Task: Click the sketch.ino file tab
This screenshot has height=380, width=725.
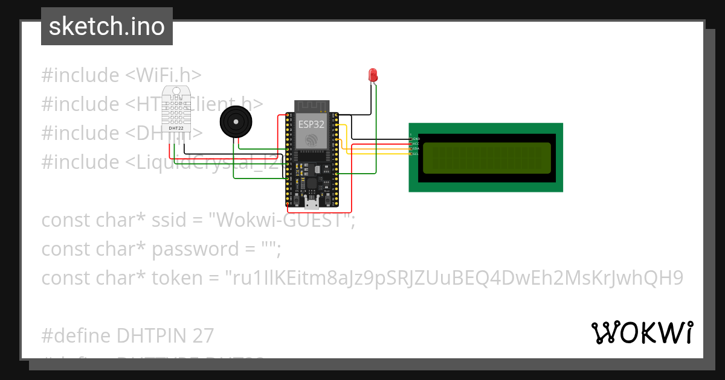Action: click(x=107, y=27)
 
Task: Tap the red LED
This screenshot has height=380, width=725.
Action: click(x=373, y=75)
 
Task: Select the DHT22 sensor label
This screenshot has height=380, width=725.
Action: click(x=176, y=128)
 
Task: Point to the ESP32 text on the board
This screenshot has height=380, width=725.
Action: click(x=312, y=124)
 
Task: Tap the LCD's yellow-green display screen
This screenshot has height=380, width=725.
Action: click(x=486, y=158)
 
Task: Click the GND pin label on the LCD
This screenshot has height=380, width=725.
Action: click(x=416, y=139)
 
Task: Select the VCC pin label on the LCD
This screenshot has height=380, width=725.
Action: click(x=416, y=144)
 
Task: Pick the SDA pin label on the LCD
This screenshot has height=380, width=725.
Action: click(x=416, y=148)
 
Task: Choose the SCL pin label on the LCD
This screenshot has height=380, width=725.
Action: click(x=416, y=154)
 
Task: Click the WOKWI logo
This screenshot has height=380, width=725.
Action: click(x=642, y=332)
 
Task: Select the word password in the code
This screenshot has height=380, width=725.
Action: click(x=195, y=249)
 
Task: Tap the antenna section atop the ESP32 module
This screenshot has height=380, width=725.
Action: click(x=312, y=106)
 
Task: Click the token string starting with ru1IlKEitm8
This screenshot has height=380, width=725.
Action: click(x=453, y=278)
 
